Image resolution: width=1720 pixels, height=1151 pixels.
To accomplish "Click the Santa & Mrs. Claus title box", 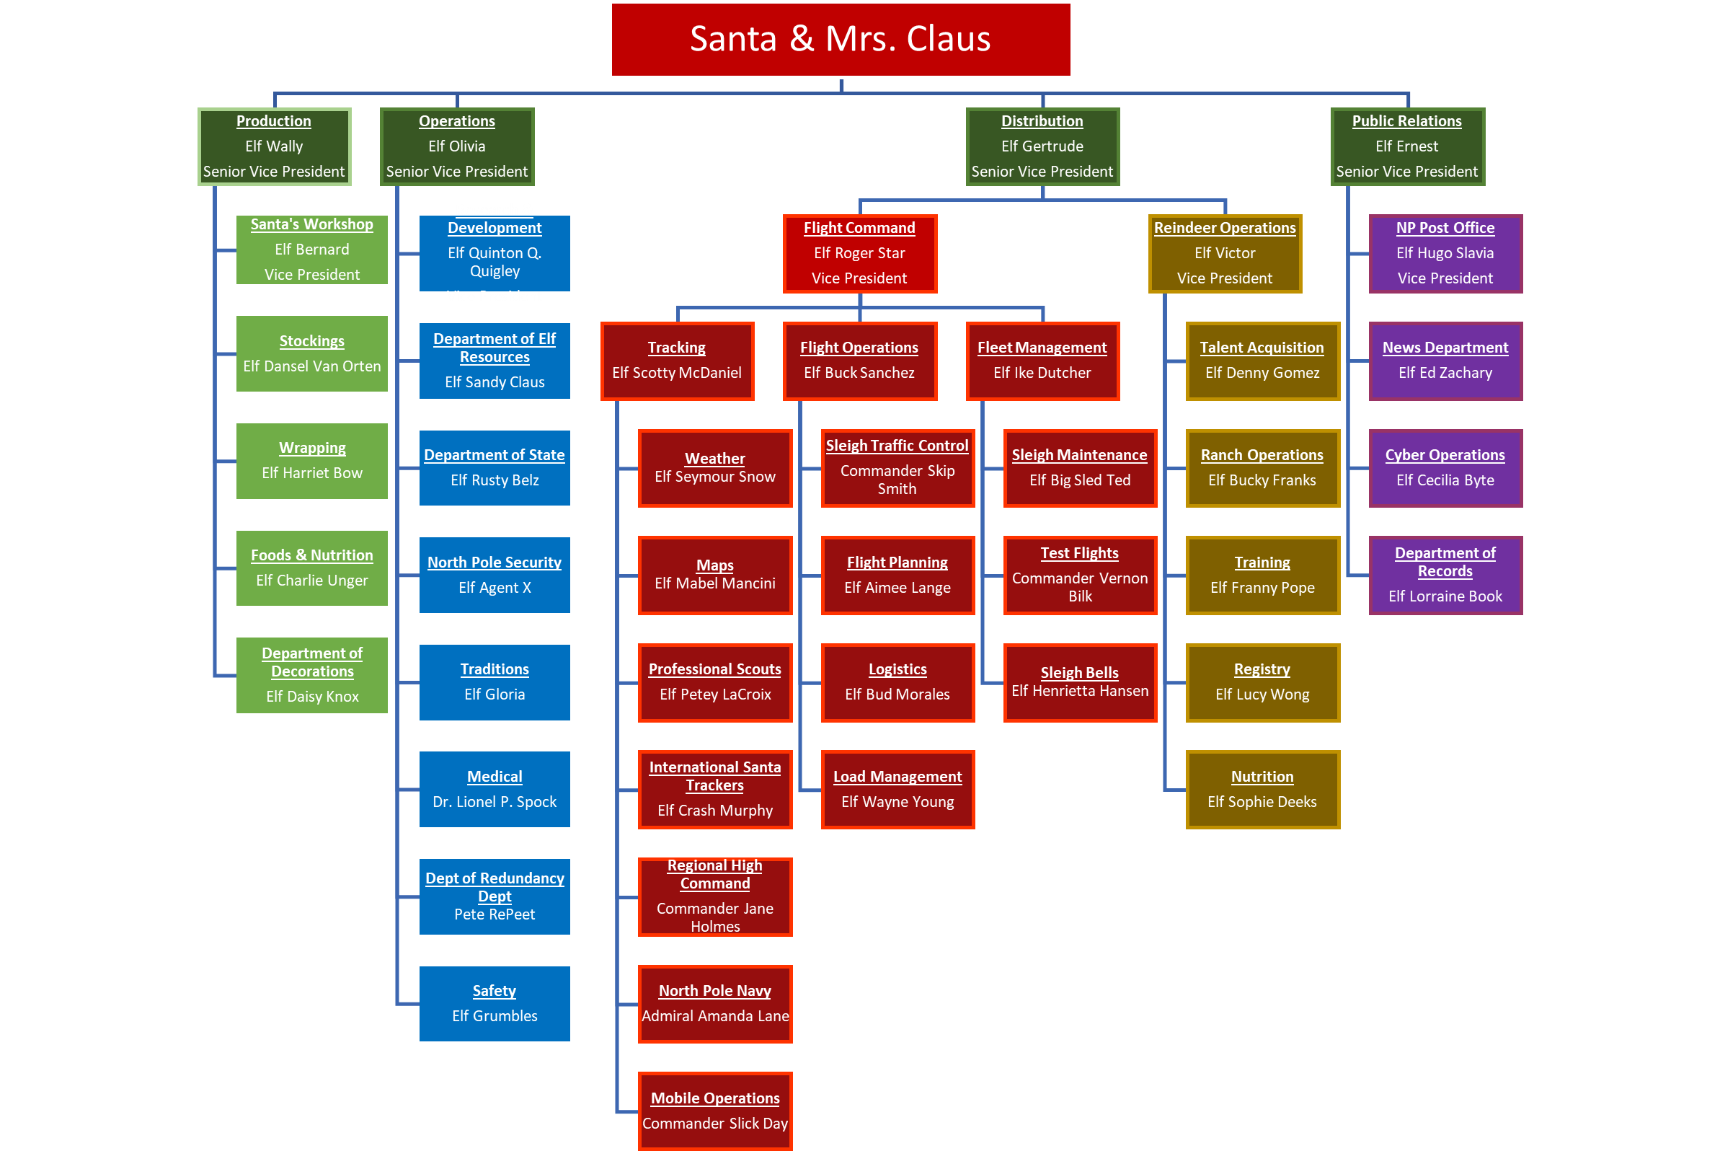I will (841, 40).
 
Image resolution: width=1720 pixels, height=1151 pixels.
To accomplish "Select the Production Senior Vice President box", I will (274, 147).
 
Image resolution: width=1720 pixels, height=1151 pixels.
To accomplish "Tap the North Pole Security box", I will (494, 575).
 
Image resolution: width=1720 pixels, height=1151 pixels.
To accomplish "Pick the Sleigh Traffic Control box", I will (897, 467).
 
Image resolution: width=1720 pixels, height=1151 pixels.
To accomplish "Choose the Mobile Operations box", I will (714, 1111).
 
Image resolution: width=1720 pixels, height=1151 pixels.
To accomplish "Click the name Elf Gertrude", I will (1042, 146).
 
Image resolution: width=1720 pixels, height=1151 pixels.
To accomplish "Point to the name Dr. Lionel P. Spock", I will (494, 802).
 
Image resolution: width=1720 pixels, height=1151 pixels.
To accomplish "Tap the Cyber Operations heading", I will (1444, 455).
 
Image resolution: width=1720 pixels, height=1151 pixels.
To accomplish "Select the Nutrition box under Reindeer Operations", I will (1262, 789).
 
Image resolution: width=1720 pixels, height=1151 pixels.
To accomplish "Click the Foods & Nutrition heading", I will (312, 556).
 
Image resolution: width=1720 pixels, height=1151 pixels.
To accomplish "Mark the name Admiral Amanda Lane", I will (714, 1016).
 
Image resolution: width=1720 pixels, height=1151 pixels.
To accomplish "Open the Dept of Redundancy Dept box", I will (494, 896).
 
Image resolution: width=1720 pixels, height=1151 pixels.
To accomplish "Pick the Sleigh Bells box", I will (1079, 683).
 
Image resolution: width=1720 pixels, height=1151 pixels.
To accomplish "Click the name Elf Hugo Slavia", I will (1444, 253).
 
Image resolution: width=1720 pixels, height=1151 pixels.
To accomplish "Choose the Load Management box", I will (897, 789).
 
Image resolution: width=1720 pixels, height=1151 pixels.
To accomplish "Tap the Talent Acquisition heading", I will (1262, 348).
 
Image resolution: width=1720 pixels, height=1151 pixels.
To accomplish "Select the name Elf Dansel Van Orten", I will (312, 366).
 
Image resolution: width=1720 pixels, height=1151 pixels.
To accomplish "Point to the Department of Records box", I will (1444, 575).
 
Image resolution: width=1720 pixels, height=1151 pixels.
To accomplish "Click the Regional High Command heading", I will (714, 874).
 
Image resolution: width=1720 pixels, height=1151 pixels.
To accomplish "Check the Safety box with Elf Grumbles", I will (494, 1003).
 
